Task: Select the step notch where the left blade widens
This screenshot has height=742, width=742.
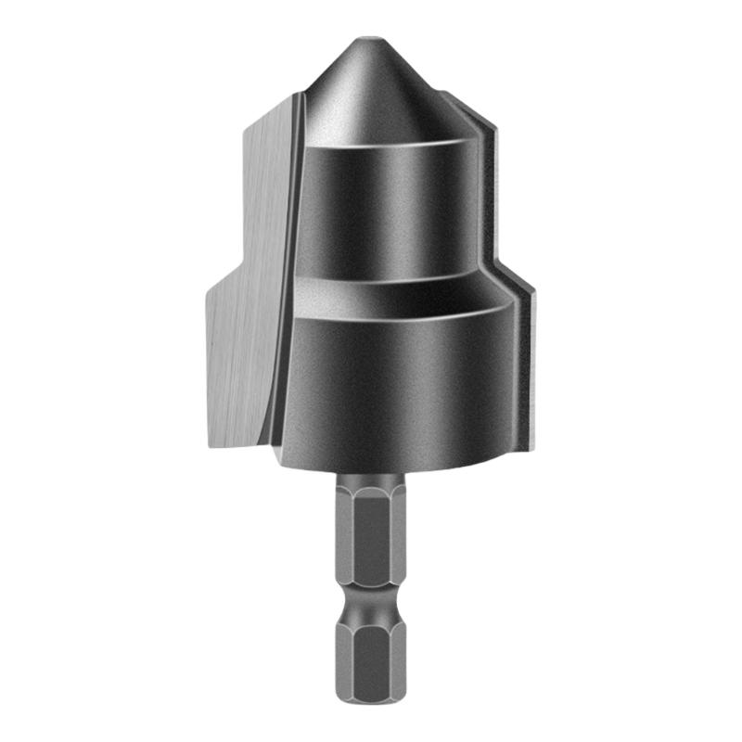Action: (223, 278)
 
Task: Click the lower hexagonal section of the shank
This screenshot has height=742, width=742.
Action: (370, 659)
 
